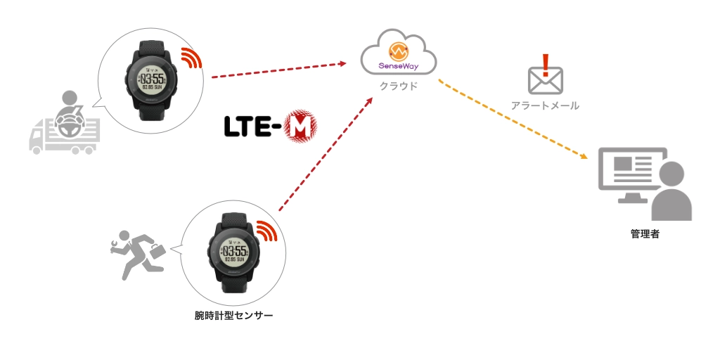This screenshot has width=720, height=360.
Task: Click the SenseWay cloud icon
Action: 398,56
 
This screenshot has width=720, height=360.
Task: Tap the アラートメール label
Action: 546,105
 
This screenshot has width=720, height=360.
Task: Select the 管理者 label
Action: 645,233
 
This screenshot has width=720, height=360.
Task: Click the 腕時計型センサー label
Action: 233,315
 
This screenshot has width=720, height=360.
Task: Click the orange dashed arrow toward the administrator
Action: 513,119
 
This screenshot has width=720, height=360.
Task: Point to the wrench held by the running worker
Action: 117,244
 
